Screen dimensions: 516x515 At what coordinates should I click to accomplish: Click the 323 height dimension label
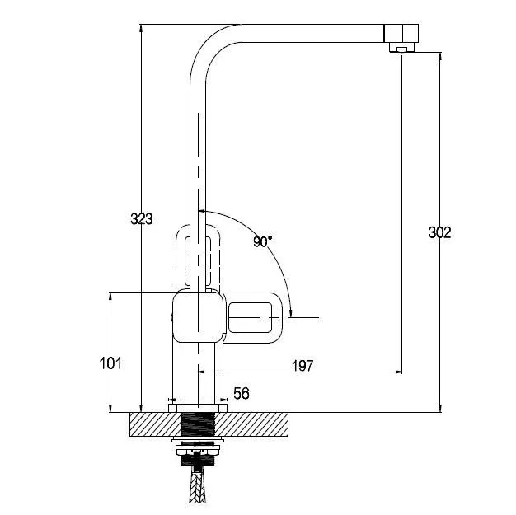pyautogui.click(x=142, y=219)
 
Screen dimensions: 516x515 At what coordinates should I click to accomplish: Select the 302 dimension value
pyautogui.click(x=439, y=232)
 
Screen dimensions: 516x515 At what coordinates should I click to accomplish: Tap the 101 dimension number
pyautogui.click(x=110, y=363)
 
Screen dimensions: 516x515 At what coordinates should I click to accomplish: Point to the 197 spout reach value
pyautogui.click(x=303, y=366)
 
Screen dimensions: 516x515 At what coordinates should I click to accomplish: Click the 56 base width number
pyautogui.click(x=242, y=393)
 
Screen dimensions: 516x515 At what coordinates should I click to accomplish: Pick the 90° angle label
pyautogui.click(x=263, y=241)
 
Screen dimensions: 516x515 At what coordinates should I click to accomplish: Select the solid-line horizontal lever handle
pyautogui.click(x=253, y=317)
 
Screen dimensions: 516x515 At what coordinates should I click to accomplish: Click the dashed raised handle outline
pyautogui.click(x=198, y=257)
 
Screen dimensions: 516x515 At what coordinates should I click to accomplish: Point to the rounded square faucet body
pyautogui.click(x=199, y=317)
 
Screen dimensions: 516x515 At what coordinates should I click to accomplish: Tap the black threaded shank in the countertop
pyautogui.click(x=198, y=425)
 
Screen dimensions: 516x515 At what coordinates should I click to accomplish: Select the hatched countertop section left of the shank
pyautogui.click(x=155, y=424)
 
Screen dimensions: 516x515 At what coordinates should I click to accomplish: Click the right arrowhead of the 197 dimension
pyautogui.click(x=398, y=372)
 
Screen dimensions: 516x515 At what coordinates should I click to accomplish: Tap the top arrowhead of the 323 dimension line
pyautogui.click(x=141, y=28)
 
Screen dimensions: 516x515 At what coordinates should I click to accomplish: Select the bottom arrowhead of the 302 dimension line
pyautogui.click(x=439, y=408)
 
